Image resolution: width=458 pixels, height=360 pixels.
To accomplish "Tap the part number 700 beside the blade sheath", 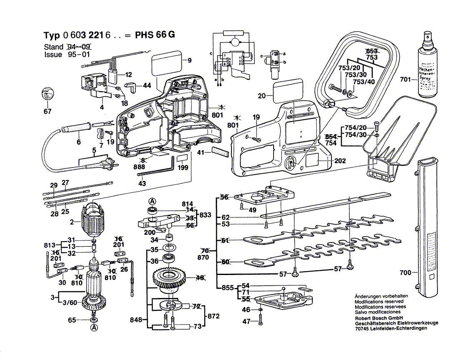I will (x=405, y=273).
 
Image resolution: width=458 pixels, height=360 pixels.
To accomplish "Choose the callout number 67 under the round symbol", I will (x=47, y=111).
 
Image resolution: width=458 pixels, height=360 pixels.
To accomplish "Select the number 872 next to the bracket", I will (x=213, y=316).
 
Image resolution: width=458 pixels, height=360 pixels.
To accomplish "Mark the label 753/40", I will (x=364, y=82).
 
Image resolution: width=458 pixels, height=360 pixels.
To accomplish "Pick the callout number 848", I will (x=137, y=320).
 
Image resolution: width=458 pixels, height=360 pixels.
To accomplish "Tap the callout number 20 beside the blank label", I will (x=261, y=96).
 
